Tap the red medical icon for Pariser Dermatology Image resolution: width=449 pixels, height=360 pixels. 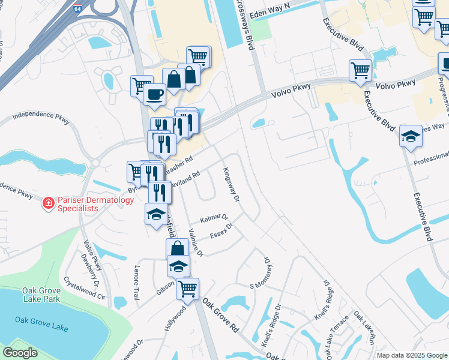click(47, 204)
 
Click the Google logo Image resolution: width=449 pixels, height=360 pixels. click(20, 353)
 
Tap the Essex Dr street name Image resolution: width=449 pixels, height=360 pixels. click(220, 231)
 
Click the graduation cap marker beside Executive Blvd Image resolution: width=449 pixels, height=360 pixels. click(411, 136)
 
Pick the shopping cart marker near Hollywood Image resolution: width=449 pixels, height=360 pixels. click(188, 288)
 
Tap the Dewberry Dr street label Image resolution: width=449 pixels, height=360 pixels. click(91, 268)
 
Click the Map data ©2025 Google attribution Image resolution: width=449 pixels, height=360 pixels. click(412, 355)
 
